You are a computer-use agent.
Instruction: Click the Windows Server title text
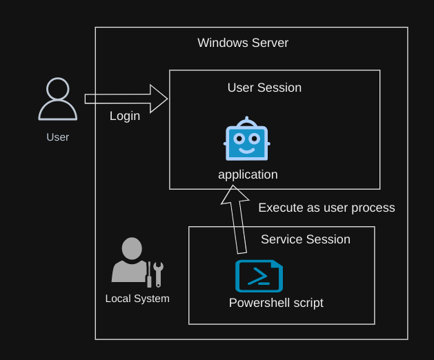(243, 43)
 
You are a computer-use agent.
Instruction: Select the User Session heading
(264, 88)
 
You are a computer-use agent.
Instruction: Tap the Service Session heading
(305, 239)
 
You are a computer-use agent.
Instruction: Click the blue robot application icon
(246, 141)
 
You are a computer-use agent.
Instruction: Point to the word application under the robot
(248, 174)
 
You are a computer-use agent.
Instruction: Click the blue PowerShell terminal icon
(259, 276)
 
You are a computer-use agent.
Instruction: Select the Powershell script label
(276, 303)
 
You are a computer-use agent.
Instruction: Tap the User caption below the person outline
(57, 137)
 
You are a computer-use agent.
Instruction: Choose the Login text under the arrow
(125, 116)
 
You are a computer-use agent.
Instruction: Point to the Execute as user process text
(326, 208)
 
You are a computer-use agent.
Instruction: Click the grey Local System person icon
(131, 261)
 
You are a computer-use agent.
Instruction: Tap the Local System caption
(137, 299)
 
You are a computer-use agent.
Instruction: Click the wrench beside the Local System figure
(158, 273)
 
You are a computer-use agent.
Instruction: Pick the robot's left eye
(239, 138)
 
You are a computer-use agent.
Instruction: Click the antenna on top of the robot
(246, 120)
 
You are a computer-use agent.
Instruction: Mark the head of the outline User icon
(57, 90)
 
